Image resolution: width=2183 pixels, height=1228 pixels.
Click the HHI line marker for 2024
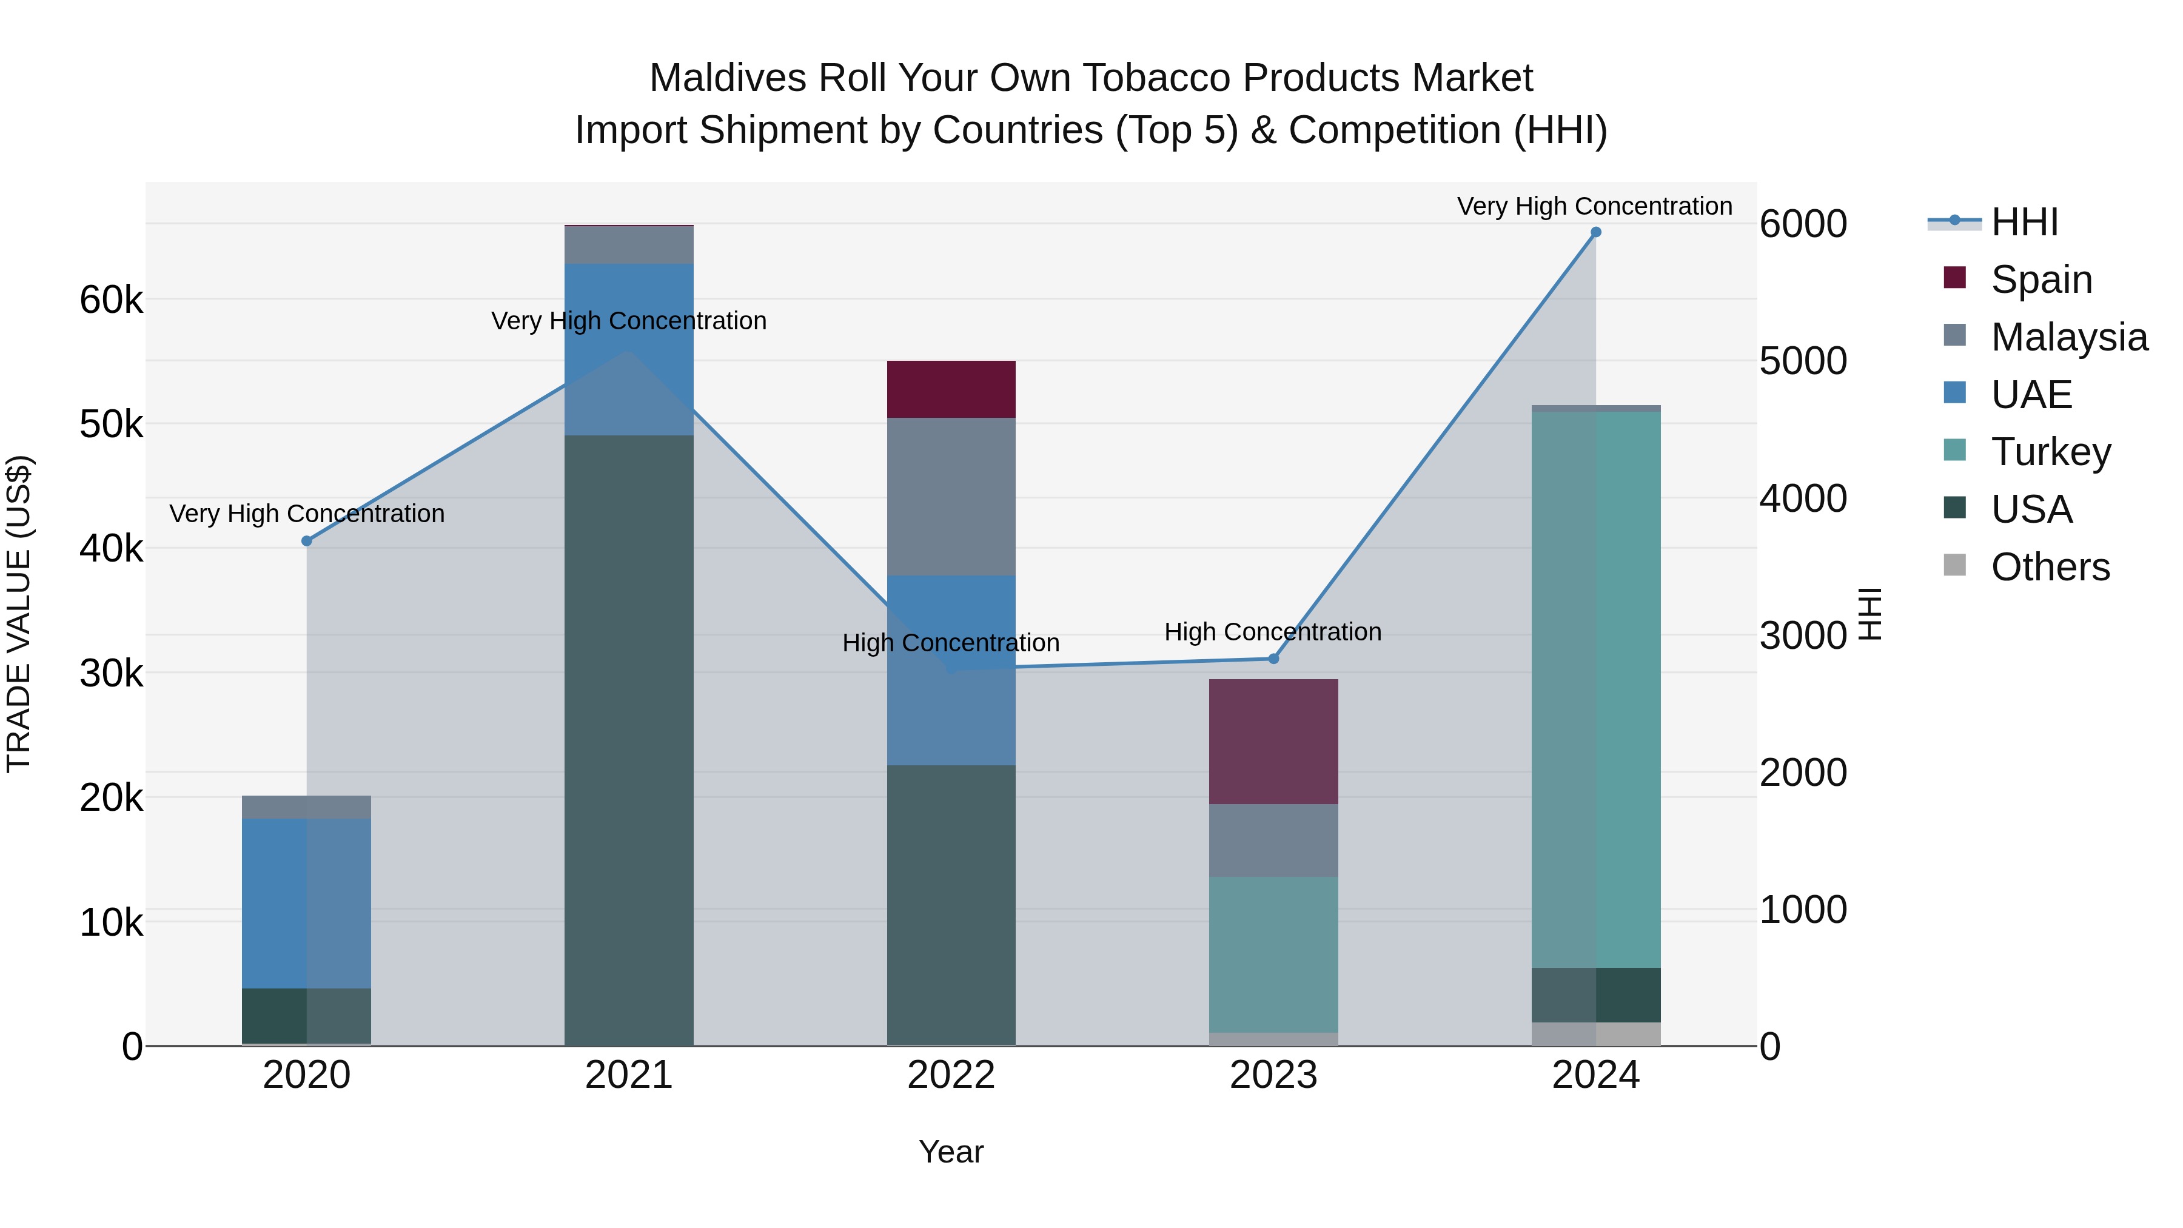point(1596,232)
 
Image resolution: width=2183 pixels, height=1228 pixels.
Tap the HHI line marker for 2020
point(307,541)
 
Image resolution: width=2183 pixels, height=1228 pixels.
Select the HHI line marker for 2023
point(1273,659)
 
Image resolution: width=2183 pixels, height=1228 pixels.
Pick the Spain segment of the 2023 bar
point(1273,742)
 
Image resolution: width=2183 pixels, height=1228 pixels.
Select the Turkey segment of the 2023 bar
point(1273,955)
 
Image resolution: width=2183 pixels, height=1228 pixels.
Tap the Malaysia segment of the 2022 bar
point(951,497)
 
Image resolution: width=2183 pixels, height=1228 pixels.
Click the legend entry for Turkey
point(2051,452)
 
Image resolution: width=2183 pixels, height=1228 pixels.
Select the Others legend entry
point(2050,567)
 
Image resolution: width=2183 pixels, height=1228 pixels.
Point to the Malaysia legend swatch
point(1954,335)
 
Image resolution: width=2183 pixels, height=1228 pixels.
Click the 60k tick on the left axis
point(111,300)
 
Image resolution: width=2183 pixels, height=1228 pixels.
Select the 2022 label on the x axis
point(951,1075)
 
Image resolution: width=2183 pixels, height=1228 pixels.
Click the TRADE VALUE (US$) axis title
point(19,614)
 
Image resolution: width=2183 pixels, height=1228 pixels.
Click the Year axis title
point(951,1152)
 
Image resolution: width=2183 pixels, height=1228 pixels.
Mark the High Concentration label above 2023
point(1273,632)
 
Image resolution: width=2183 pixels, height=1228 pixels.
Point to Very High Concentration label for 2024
point(1594,206)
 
